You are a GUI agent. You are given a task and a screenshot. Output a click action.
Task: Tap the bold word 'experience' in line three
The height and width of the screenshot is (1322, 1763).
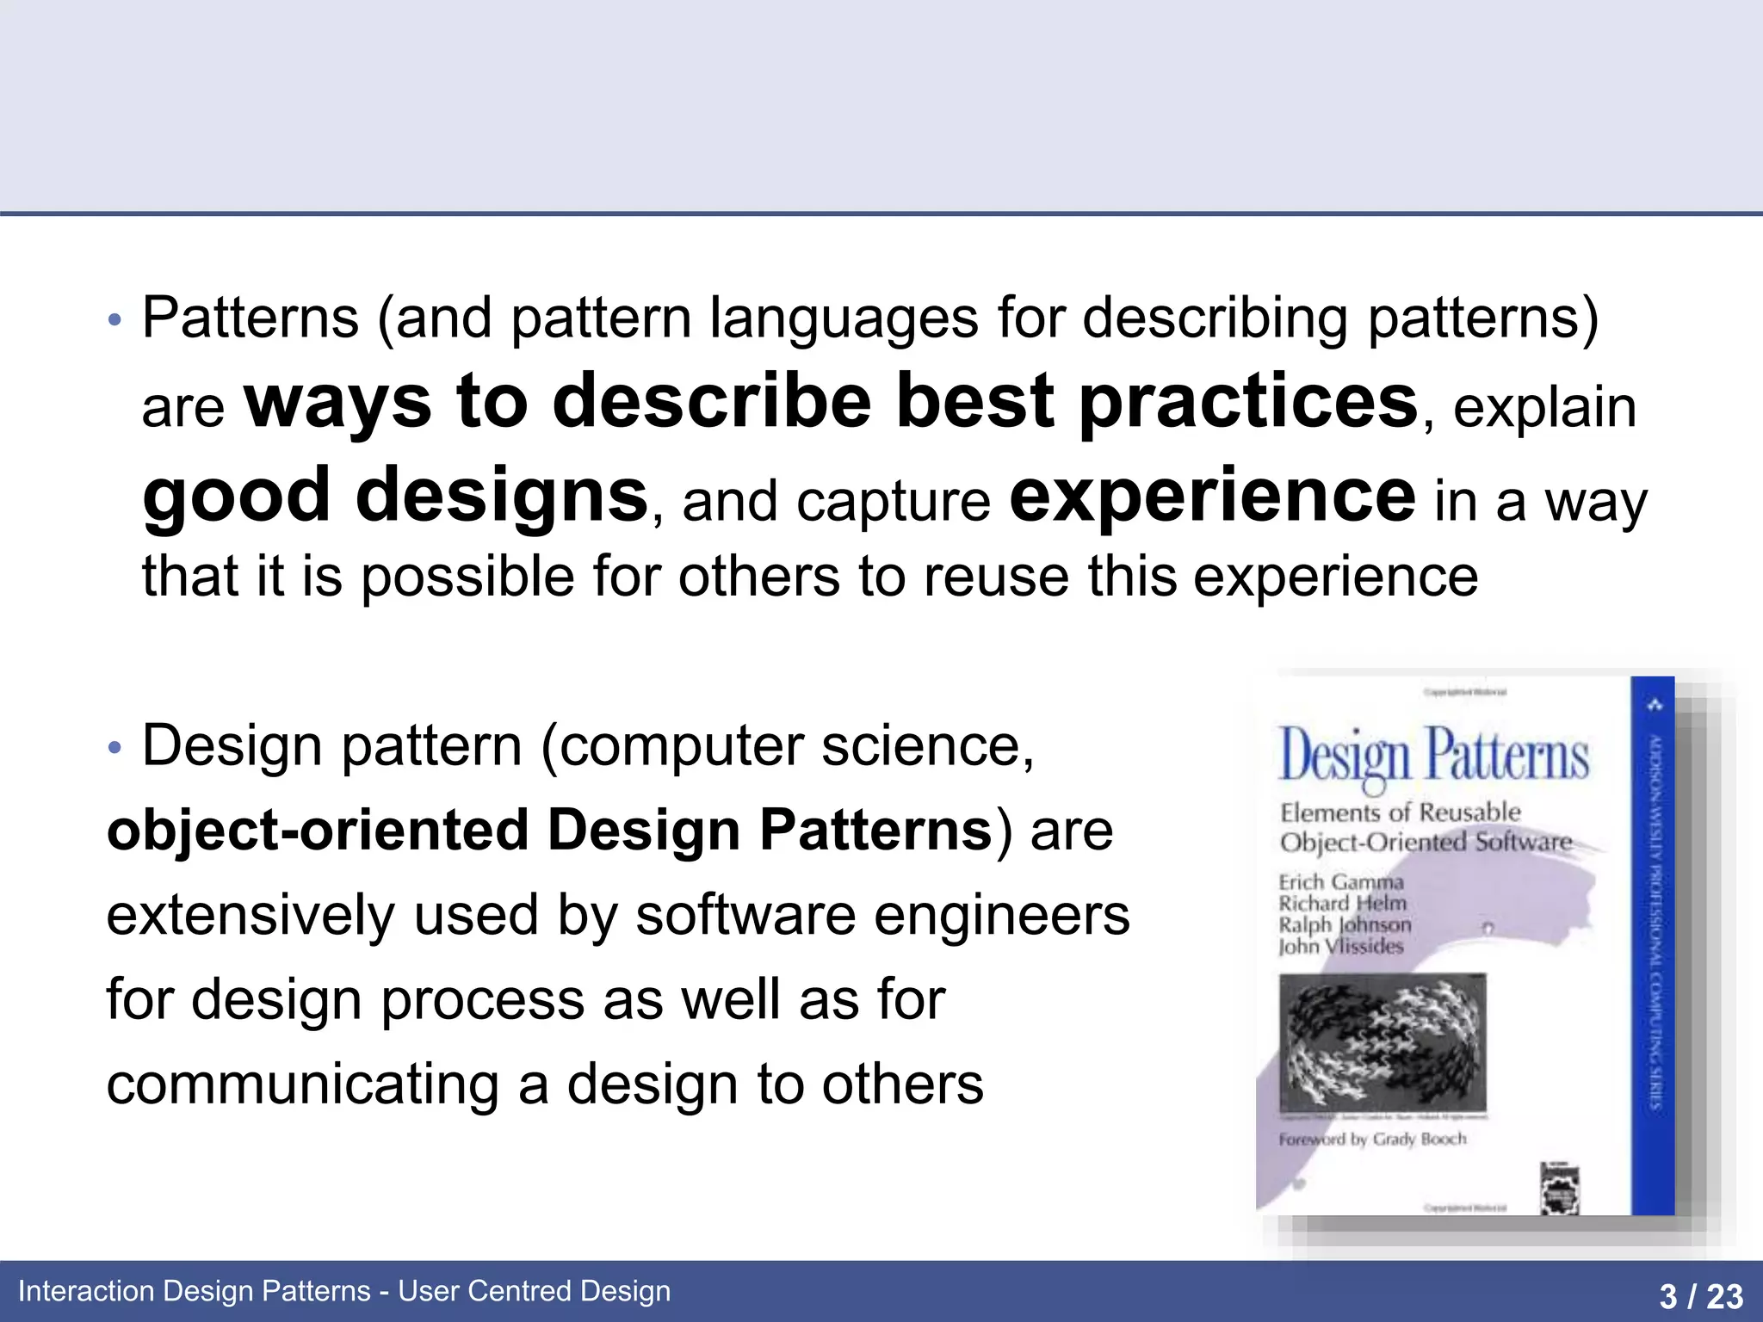point(1211,496)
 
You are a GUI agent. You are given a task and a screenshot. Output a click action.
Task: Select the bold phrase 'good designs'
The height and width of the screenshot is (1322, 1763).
point(395,496)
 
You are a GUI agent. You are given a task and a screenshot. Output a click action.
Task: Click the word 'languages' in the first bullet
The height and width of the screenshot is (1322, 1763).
point(844,318)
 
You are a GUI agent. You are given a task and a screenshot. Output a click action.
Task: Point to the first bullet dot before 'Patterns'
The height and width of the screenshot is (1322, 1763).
point(115,321)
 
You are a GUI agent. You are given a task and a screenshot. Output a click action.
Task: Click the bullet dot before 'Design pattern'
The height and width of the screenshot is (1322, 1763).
point(115,748)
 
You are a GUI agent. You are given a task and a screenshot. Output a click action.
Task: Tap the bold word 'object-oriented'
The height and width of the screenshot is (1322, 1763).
point(317,831)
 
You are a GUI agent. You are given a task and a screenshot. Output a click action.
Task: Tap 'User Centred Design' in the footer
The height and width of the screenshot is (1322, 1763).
point(534,1291)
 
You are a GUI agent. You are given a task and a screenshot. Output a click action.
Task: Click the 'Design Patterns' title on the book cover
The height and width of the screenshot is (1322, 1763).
point(1433,756)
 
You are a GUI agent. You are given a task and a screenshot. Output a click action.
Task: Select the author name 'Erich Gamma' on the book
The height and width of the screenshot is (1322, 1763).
point(1340,882)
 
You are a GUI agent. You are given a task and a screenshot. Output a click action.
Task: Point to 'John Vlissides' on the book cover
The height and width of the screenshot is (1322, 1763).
point(1340,946)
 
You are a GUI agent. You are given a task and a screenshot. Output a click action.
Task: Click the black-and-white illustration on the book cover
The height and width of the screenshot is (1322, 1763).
point(1383,1043)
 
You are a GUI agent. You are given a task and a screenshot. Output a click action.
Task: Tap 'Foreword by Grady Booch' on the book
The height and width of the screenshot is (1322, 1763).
point(1372,1140)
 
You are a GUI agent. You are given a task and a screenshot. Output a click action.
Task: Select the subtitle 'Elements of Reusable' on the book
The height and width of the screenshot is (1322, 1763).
point(1400,812)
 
